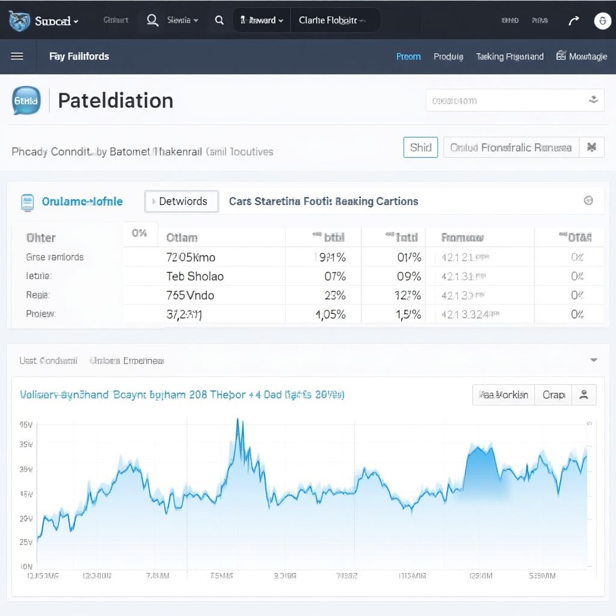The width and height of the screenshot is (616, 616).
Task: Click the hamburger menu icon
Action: (x=17, y=57)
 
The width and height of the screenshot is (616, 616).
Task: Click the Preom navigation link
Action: (x=408, y=57)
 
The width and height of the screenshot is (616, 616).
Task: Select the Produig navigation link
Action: (x=448, y=57)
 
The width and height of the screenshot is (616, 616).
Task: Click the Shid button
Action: (x=420, y=147)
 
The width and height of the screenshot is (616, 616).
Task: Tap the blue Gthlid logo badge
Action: (x=26, y=101)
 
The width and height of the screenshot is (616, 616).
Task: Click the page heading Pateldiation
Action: (x=115, y=100)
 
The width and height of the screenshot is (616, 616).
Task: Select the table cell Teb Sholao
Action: (x=195, y=276)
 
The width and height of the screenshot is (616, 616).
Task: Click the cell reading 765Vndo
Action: (x=190, y=295)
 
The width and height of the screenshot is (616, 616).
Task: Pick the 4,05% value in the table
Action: (x=330, y=314)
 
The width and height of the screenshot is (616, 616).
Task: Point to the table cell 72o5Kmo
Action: (x=191, y=257)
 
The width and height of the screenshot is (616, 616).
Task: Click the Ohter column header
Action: (x=41, y=238)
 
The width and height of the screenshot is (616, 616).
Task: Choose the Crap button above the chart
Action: (x=553, y=395)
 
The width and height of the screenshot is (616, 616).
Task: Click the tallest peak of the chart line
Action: (x=239, y=420)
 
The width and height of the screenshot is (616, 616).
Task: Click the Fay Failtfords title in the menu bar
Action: (x=79, y=57)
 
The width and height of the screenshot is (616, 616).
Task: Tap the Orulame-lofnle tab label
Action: (x=82, y=202)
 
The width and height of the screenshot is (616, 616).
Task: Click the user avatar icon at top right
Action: (x=602, y=20)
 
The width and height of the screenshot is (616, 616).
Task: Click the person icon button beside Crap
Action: (x=583, y=395)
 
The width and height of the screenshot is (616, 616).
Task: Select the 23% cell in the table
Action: (x=334, y=295)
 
